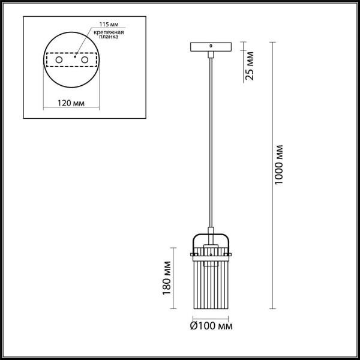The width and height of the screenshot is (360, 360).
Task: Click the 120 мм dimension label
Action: (70, 103)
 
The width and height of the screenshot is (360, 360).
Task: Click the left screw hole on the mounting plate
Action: (58, 60)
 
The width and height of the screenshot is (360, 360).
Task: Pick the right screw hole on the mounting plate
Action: (85, 60)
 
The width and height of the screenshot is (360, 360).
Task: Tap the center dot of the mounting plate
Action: (72, 60)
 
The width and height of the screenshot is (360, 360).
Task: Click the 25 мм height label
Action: (250, 66)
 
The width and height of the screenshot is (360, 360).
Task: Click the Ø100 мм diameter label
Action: (211, 326)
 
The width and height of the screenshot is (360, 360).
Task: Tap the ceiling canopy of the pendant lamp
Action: (210, 47)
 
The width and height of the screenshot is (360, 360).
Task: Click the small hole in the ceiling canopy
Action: (210, 45)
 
